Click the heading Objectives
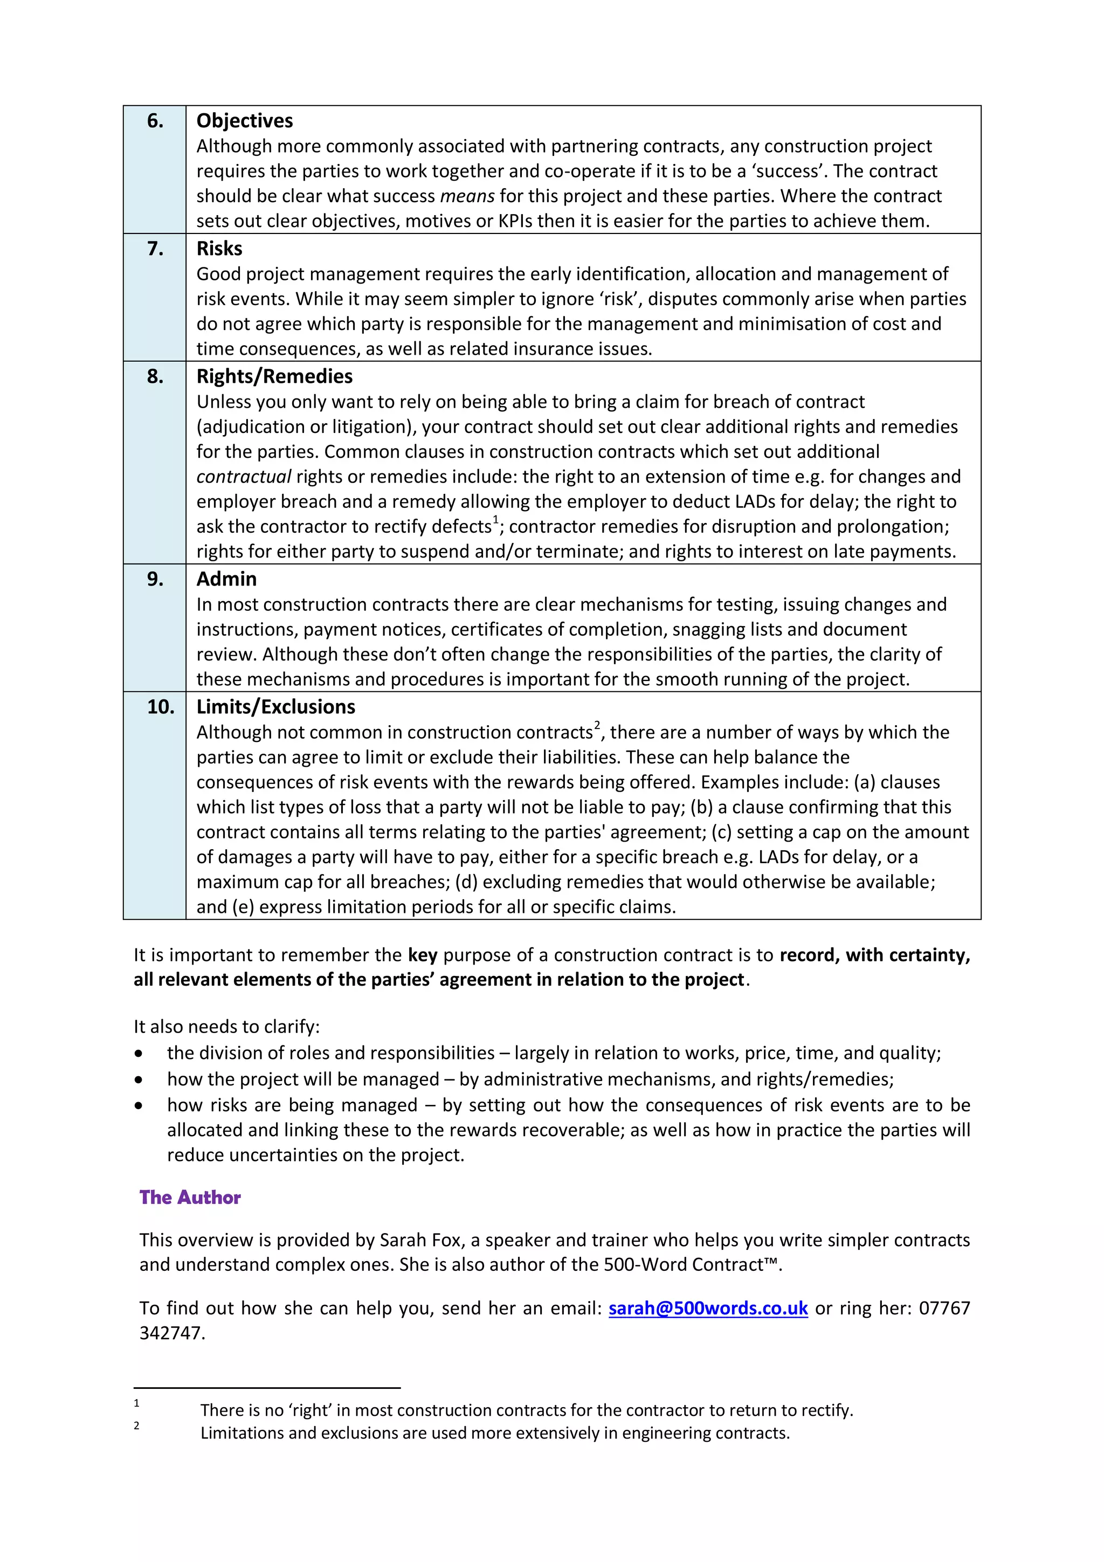(244, 121)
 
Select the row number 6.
(155, 121)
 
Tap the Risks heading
(219, 249)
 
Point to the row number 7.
(155, 249)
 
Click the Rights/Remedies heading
(274, 376)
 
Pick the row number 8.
(155, 376)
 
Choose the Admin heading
(226, 579)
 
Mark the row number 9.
(155, 579)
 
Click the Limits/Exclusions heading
(275, 707)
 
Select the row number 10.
(161, 707)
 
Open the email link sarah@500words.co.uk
(707, 1308)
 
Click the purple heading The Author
(190, 1198)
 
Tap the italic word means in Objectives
(467, 197)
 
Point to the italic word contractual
(244, 477)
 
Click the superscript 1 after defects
(496, 520)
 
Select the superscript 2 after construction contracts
(597, 725)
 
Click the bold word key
(423, 955)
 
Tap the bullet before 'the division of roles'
(139, 1054)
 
